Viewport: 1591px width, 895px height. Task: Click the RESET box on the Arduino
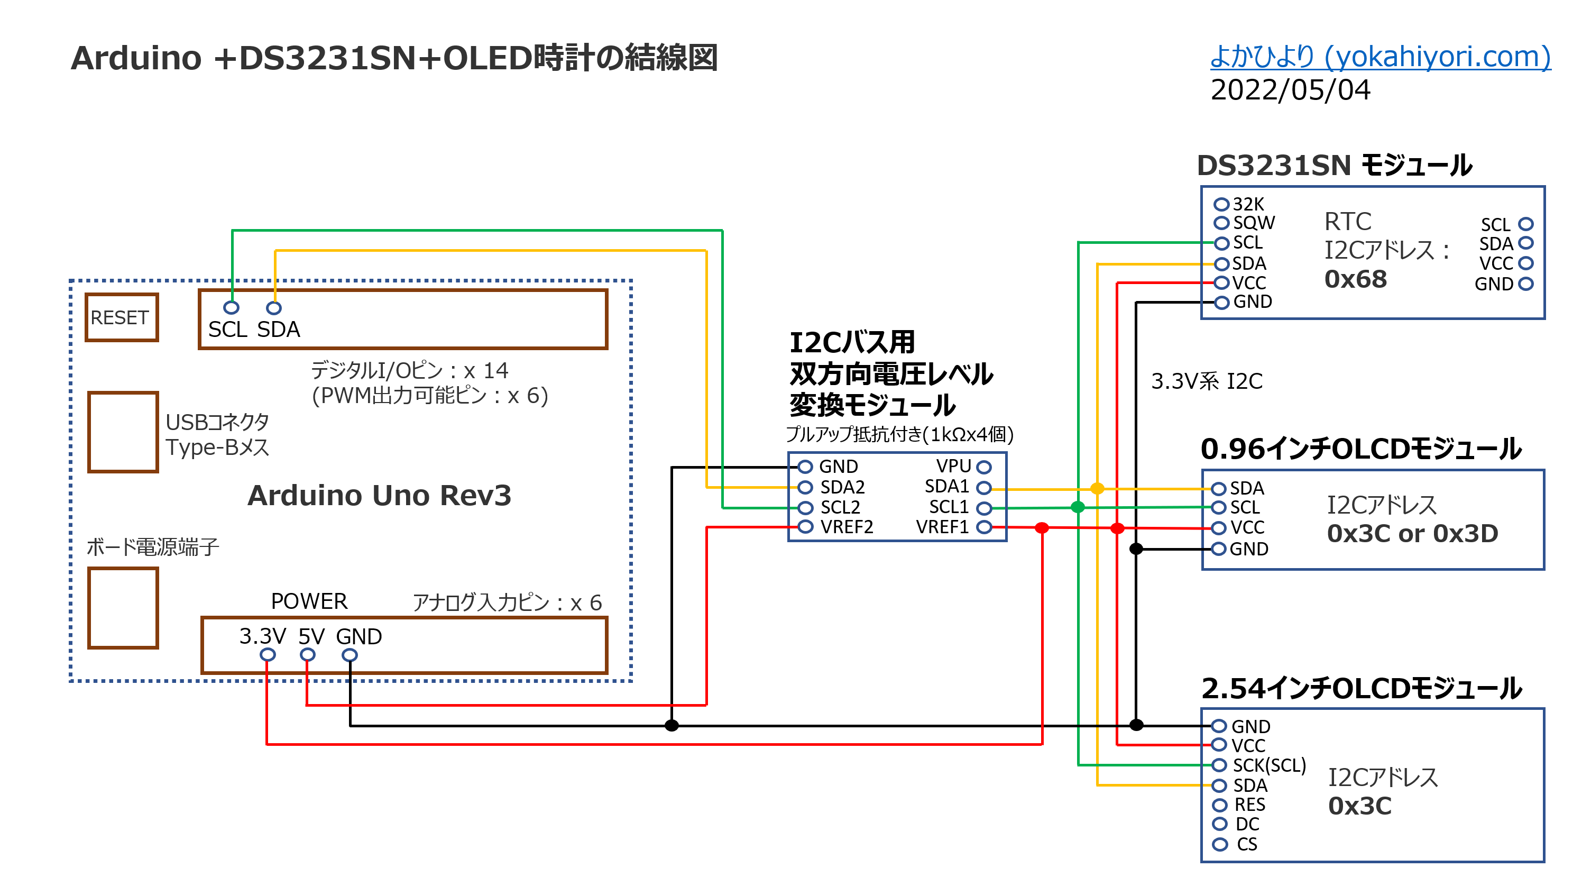pyautogui.click(x=122, y=317)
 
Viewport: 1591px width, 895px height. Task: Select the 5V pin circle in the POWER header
pyautogui.click(x=307, y=655)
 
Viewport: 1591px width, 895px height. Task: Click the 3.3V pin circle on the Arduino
pyautogui.click(x=268, y=655)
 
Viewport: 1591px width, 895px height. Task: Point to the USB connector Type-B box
pyautogui.click(x=123, y=432)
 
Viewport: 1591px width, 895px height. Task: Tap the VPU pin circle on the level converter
pyautogui.click(x=984, y=467)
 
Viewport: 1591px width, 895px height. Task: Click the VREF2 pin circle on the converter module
pyautogui.click(x=805, y=527)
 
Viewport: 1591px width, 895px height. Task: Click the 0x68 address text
pyautogui.click(x=1355, y=279)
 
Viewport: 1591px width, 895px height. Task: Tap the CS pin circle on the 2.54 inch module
pyautogui.click(x=1219, y=844)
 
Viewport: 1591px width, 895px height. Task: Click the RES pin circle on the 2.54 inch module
pyautogui.click(x=1219, y=805)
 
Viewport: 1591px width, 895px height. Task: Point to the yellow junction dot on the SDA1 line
pyautogui.click(x=1097, y=489)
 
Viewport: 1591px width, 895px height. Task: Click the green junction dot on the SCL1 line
pyautogui.click(x=1078, y=507)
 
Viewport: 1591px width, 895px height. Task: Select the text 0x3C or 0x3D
pyautogui.click(x=1412, y=534)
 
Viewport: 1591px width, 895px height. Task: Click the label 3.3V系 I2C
pyautogui.click(x=1206, y=381)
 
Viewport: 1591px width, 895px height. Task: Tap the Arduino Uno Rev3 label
pyautogui.click(x=379, y=495)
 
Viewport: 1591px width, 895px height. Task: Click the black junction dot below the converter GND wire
pyautogui.click(x=672, y=725)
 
